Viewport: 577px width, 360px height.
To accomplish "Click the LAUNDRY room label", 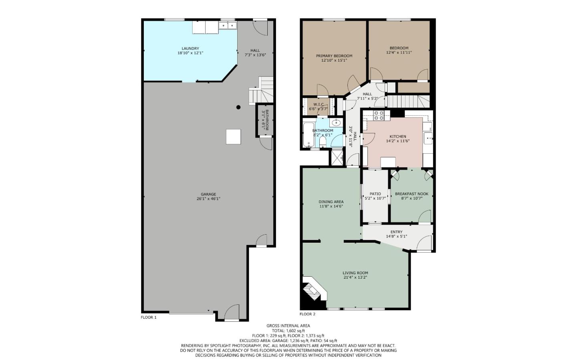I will (x=190, y=48).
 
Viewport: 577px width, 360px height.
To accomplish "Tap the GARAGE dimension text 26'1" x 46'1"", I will (x=208, y=199).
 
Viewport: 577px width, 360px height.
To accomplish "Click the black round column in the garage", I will (x=238, y=107).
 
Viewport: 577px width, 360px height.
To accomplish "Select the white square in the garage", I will (x=233, y=137).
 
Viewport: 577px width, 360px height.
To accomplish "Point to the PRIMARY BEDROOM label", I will (x=334, y=56).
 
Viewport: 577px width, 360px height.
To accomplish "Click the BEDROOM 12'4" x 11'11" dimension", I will (x=399, y=52).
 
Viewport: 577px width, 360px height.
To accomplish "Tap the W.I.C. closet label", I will (x=319, y=105).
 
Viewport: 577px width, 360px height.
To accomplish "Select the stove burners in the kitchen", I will (x=379, y=115).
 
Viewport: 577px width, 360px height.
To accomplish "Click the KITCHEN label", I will (x=397, y=137).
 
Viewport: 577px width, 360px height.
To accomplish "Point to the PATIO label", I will (x=375, y=194).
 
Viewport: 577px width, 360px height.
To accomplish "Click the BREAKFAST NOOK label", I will (x=412, y=194).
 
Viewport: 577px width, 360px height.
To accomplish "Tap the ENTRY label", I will (x=396, y=232).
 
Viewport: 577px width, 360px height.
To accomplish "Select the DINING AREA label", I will (x=331, y=202).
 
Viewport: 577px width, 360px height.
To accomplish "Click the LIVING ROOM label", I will (x=355, y=273).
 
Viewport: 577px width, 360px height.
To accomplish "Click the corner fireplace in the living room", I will (x=312, y=289).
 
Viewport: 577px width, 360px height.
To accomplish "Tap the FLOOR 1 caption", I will (x=149, y=318).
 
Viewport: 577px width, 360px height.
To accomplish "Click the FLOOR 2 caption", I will (x=307, y=314).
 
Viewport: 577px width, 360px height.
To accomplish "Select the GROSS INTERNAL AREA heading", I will (x=288, y=326).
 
